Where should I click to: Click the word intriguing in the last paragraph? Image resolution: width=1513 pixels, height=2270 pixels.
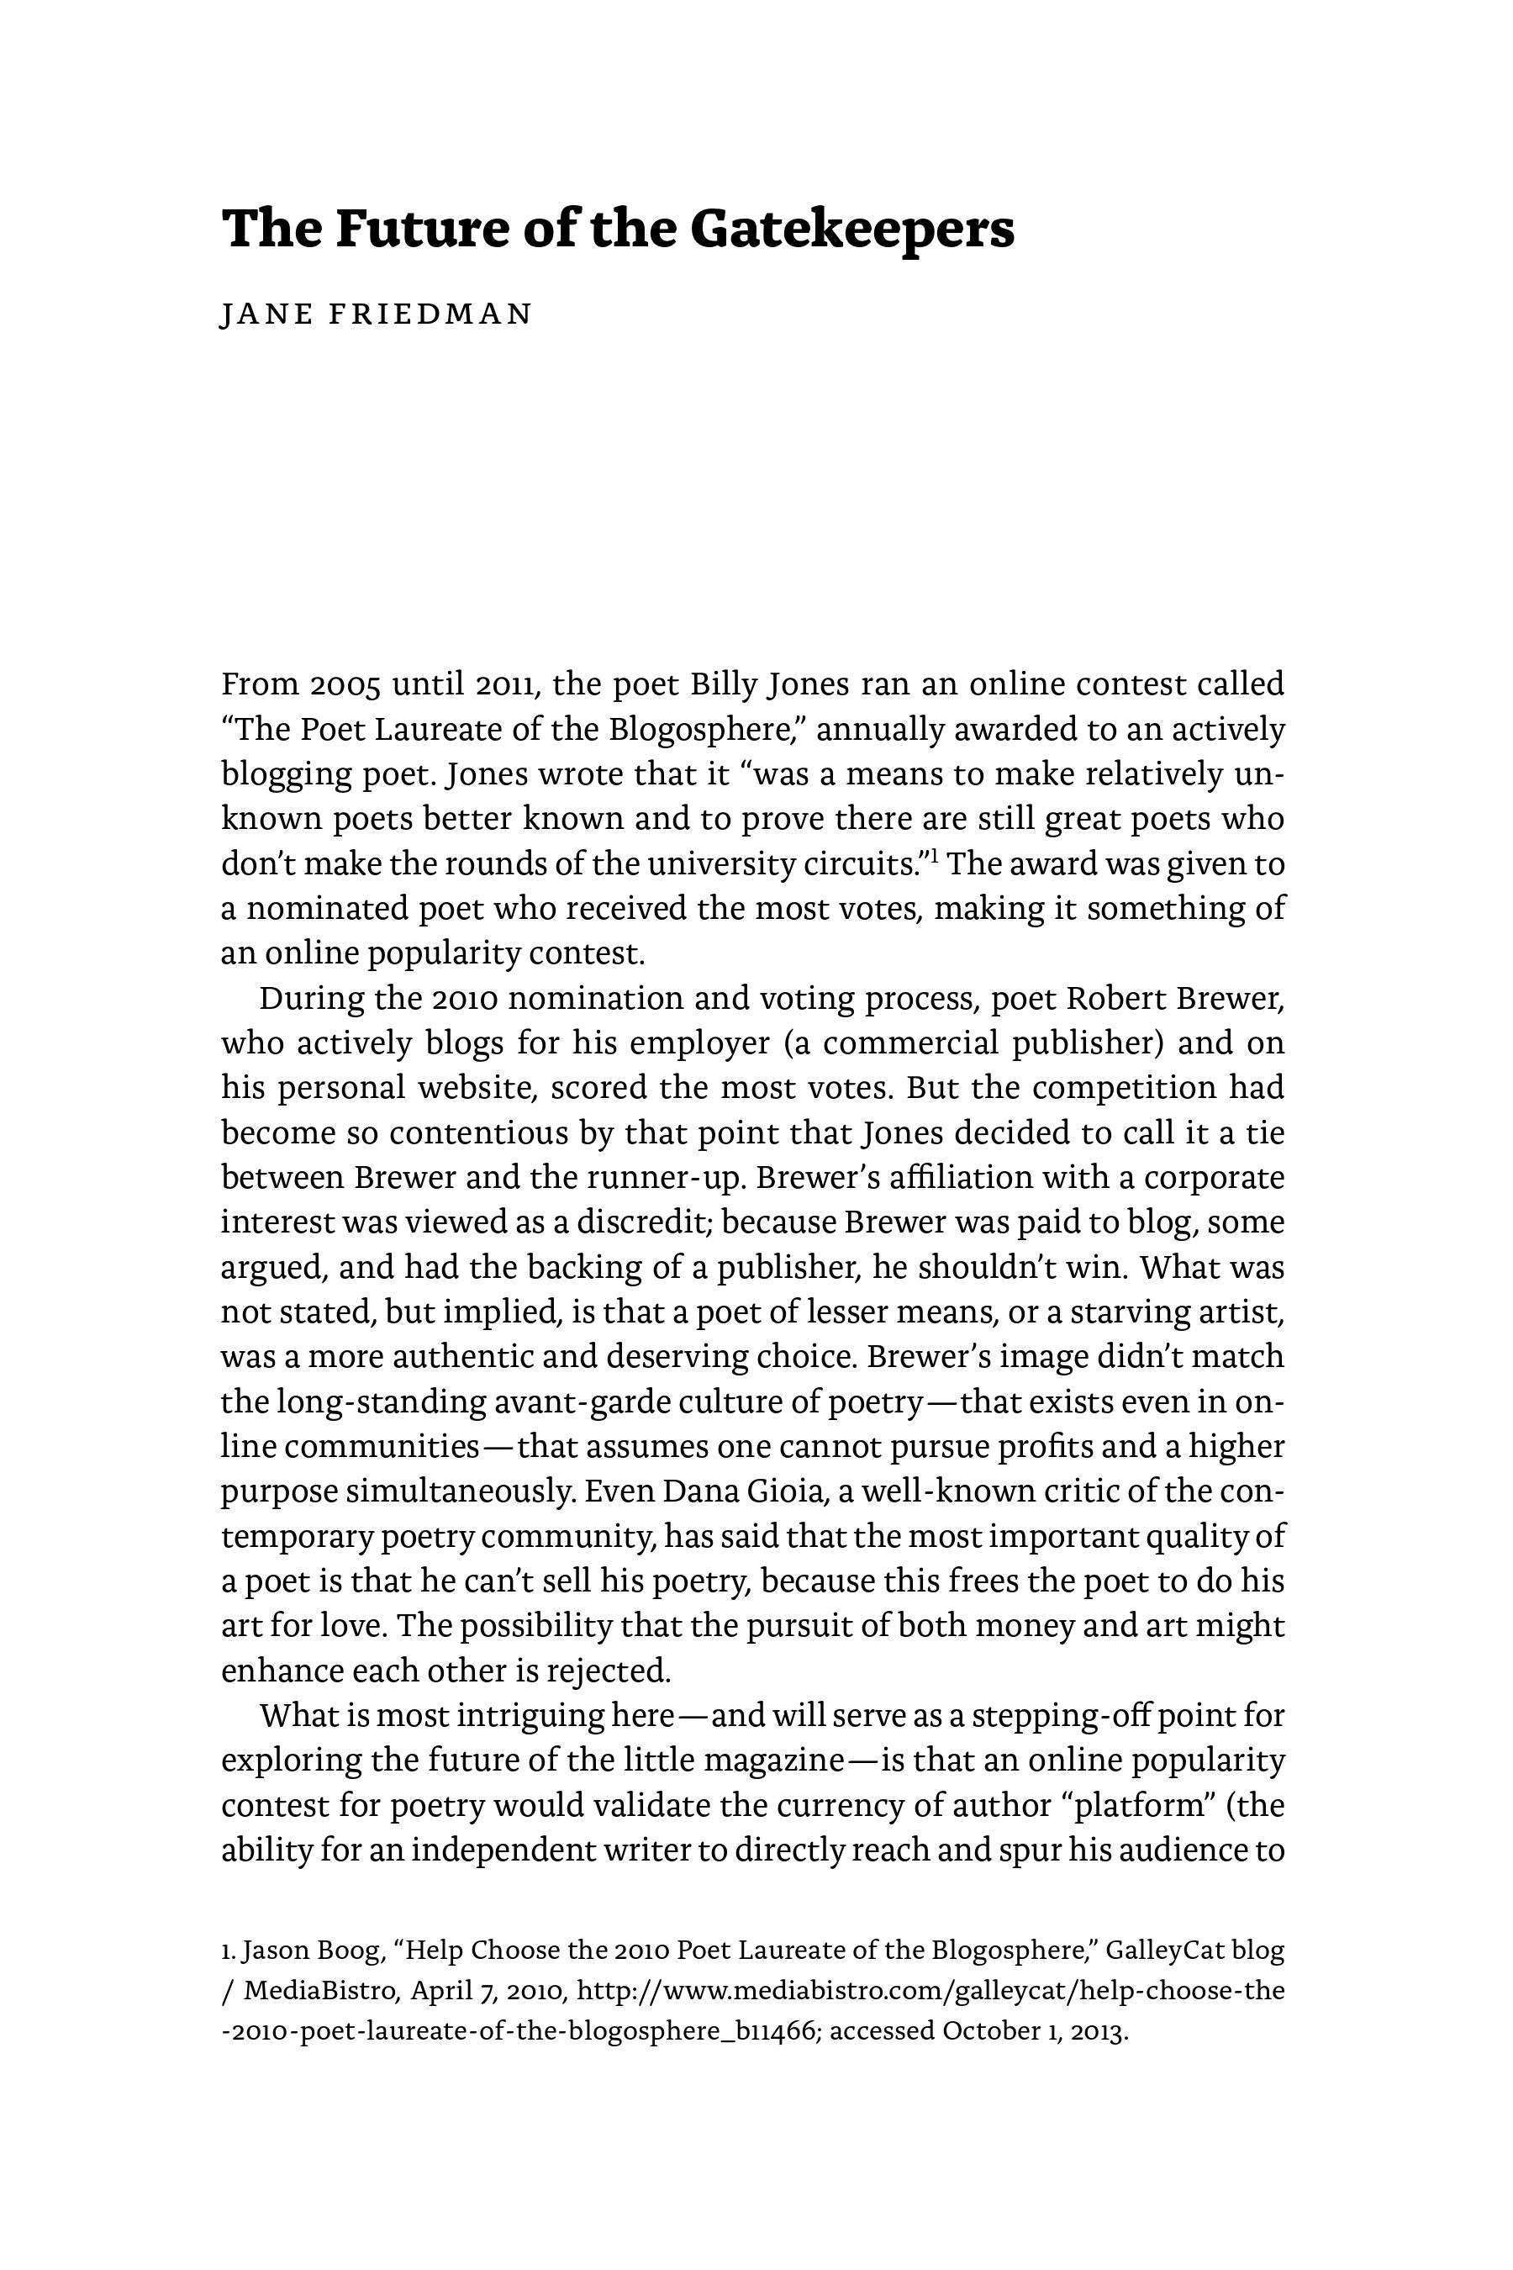coord(530,1716)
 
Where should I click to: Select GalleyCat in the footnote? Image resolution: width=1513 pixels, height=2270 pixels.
coord(1165,1951)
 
